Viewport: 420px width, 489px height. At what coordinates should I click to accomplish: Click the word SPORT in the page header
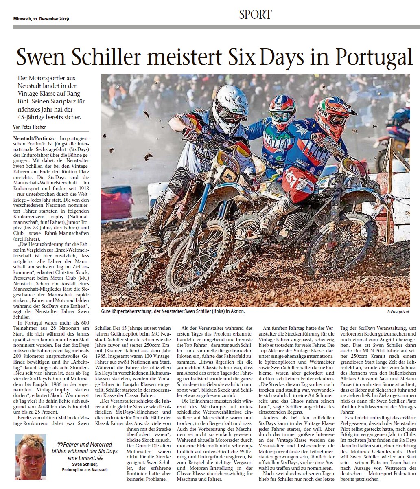[x=255, y=15]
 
